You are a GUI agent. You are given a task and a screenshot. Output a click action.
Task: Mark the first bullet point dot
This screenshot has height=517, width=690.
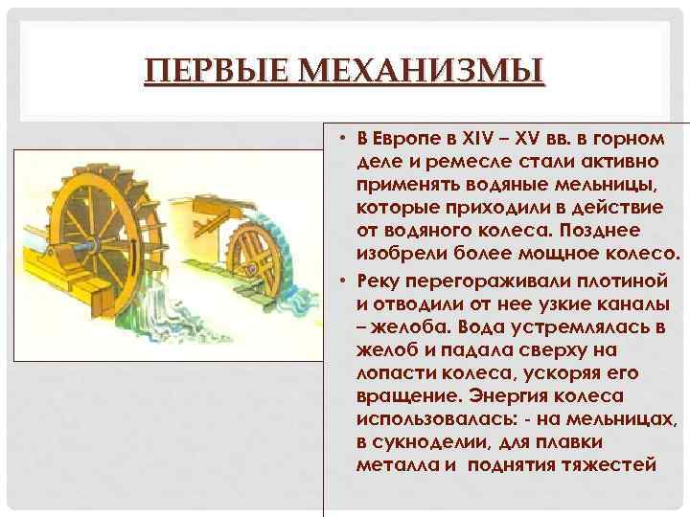tap(341, 140)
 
